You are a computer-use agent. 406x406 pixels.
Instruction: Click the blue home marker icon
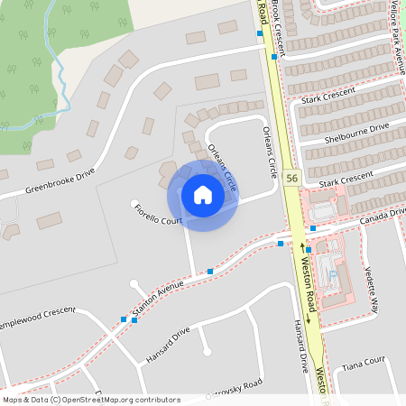click(202, 194)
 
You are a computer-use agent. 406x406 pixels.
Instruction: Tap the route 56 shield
click(291, 179)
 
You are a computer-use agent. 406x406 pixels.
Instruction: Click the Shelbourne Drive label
click(359, 133)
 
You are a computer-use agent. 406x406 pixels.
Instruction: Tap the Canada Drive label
click(380, 216)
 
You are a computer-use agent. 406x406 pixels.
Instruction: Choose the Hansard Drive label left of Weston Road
click(168, 346)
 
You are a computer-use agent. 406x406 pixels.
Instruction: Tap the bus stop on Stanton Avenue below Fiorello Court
click(210, 271)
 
